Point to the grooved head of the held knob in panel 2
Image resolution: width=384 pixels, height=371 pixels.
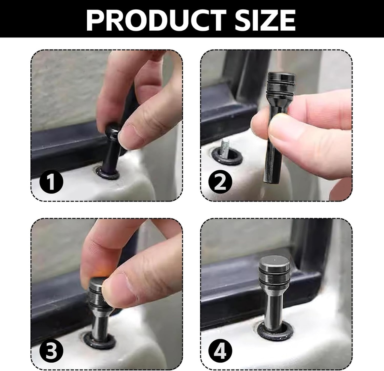pos(281,84)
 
